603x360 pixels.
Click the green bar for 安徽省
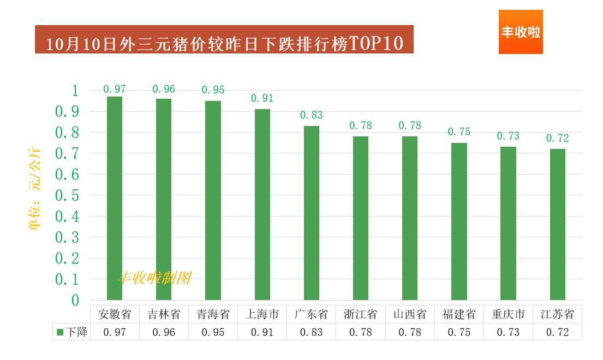click(x=115, y=199)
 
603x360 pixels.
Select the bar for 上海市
click(x=262, y=205)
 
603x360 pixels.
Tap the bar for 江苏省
click(x=557, y=224)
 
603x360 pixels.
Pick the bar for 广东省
click(x=312, y=213)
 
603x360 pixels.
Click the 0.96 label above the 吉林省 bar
click(x=164, y=89)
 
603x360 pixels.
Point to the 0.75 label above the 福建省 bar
click(x=459, y=132)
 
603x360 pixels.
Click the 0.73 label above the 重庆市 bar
click(x=508, y=136)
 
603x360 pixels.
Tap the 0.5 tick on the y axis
click(x=67, y=195)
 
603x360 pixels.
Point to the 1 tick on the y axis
click(x=75, y=91)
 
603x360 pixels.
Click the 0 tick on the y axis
click(x=75, y=300)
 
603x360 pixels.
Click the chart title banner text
click(x=224, y=43)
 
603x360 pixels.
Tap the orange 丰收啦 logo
click(x=521, y=32)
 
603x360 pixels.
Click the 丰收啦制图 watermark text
click(x=155, y=278)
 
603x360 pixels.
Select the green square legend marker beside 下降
click(x=61, y=332)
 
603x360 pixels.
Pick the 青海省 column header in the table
click(x=213, y=315)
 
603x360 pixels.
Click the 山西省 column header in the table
click(x=410, y=315)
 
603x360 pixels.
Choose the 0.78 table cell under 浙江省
click(x=361, y=332)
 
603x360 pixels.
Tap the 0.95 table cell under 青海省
click(x=213, y=332)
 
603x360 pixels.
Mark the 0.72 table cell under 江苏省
click(x=557, y=332)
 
